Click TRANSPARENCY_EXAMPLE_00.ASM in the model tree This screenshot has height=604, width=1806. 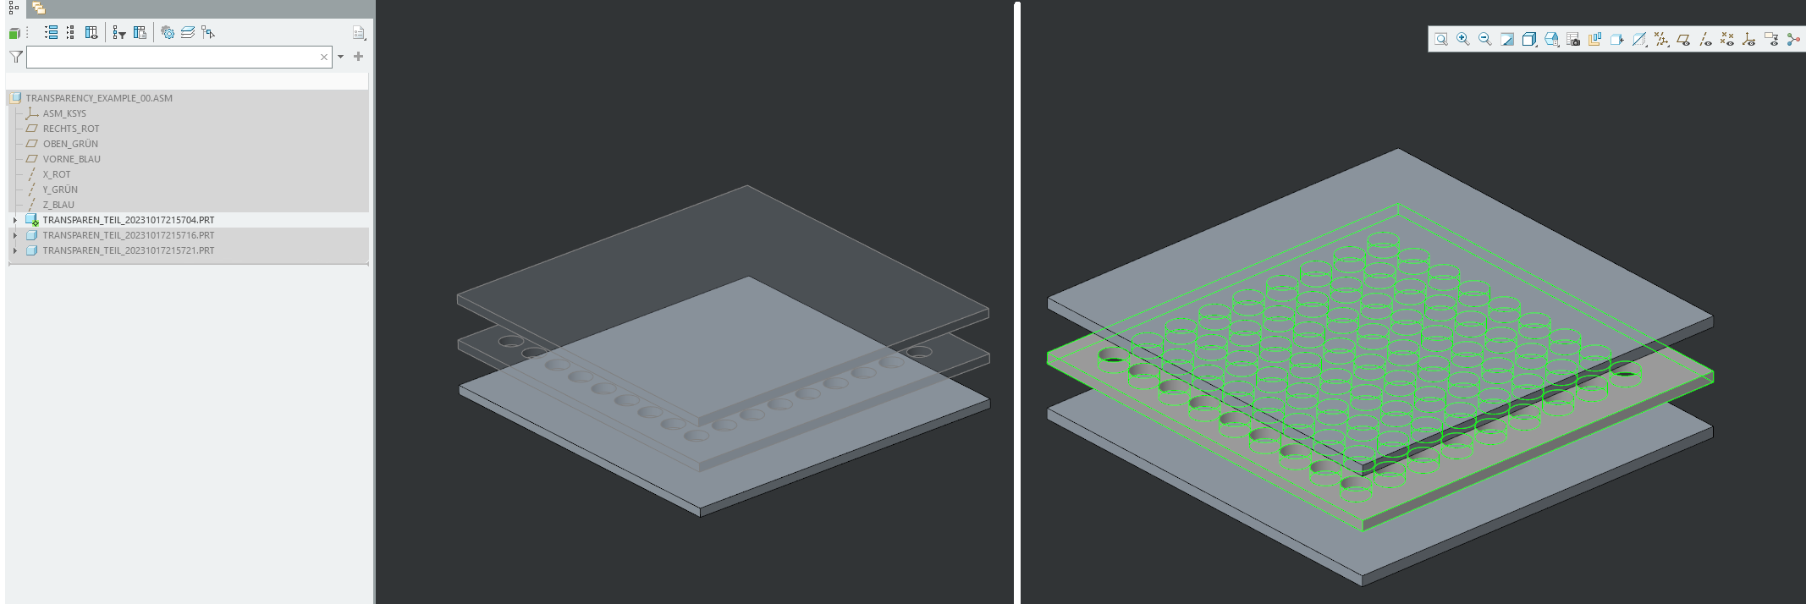tap(98, 98)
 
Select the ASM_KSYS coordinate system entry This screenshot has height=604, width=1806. tap(64, 113)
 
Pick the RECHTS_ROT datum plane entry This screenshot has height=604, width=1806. tap(71, 129)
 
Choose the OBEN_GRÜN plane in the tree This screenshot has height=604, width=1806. tap(70, 144)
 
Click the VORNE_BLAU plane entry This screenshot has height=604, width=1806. tap(71, 159)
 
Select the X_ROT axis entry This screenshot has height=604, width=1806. tap(57, 174)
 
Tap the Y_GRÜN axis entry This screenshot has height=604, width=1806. tap(60, 189)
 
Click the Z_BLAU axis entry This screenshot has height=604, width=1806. tap(58, 205)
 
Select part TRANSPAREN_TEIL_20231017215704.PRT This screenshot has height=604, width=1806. tap(128, 220)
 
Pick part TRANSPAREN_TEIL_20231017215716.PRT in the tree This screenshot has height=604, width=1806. tap(128, 235)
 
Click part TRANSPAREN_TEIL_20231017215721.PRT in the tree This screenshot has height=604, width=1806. tap(128, 250)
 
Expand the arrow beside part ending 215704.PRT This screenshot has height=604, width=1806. tap(15, 220)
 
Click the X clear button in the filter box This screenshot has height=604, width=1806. tap(323, 58)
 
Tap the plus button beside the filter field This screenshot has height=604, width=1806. tap(359, 57)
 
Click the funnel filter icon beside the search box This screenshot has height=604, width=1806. tap(16, 57)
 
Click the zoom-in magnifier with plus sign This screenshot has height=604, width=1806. tap(1463, 40)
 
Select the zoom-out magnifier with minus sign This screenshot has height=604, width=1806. tap(1485, 40)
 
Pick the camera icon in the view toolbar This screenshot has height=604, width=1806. tap(1573, 40)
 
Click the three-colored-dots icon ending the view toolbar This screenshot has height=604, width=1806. tap(1793, 40)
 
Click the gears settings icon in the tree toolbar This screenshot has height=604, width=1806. tap(168, 33)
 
